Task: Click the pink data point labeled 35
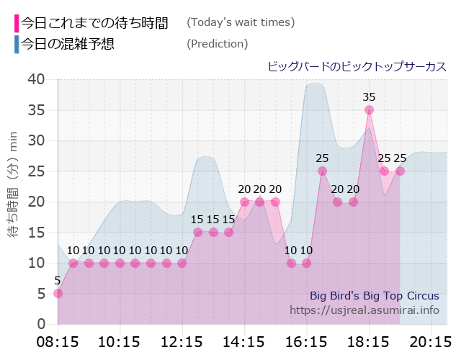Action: (369, 110)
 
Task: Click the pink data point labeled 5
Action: (58, 293)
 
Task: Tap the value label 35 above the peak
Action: (369, 96)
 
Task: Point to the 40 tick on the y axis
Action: (36, 79)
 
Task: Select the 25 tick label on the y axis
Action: (36, 171)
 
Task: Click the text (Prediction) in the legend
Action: (217, 44)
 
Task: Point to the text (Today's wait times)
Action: (241, 22)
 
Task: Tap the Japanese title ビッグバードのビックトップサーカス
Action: (357, 66)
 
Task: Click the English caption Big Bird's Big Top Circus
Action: (374, 296)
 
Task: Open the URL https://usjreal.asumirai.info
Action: (364, 310)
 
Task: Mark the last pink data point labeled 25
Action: (400, 171)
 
